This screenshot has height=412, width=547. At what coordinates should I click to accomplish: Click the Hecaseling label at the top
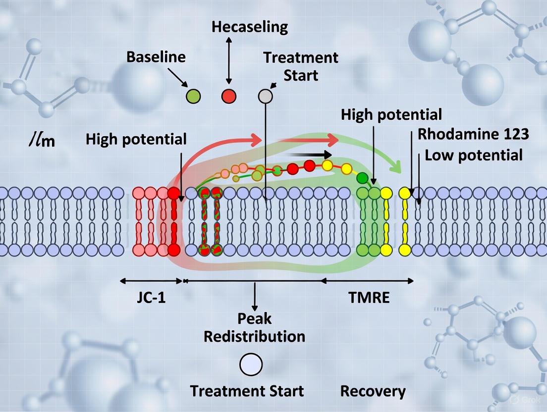[249, 27]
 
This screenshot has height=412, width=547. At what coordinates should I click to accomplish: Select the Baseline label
[156, 57]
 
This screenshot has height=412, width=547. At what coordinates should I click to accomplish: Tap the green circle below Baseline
[193, 96]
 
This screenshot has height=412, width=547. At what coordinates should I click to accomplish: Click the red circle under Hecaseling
[228, 96]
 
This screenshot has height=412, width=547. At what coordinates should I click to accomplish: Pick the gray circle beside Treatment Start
[266, 96]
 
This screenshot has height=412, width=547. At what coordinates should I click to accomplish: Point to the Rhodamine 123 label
[473, 134]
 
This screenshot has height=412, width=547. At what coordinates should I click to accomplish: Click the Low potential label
[474, 155]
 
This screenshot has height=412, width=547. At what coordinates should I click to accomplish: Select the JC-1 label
[152, 298]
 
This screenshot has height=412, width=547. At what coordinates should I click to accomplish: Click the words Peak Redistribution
[255, 327]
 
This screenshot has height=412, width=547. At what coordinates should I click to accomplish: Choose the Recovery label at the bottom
[373, 391]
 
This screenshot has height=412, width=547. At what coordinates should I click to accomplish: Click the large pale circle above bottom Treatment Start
[251, 364]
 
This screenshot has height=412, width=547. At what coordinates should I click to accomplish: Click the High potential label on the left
[136, 139]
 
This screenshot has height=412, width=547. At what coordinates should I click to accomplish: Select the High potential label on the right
[391, 115]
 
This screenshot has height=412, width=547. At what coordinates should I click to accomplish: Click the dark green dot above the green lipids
[363, 177]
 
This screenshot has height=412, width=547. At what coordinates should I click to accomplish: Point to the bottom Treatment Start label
[247, 391]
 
